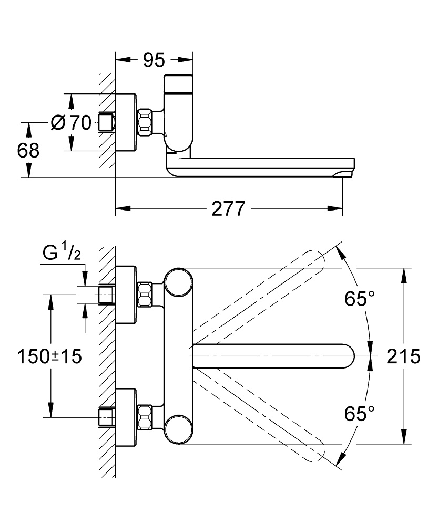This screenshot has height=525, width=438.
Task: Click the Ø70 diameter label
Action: click(x=72, y=123)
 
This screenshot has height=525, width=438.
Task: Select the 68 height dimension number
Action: click(x=28, y=151)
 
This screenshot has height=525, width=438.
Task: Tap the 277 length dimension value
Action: click(x=229, y=209)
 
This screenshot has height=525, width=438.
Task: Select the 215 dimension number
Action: click(x=403, y=356)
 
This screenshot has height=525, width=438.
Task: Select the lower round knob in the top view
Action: click(x=177, y=429)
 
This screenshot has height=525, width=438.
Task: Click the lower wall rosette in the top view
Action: click(x=127, y=417)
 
